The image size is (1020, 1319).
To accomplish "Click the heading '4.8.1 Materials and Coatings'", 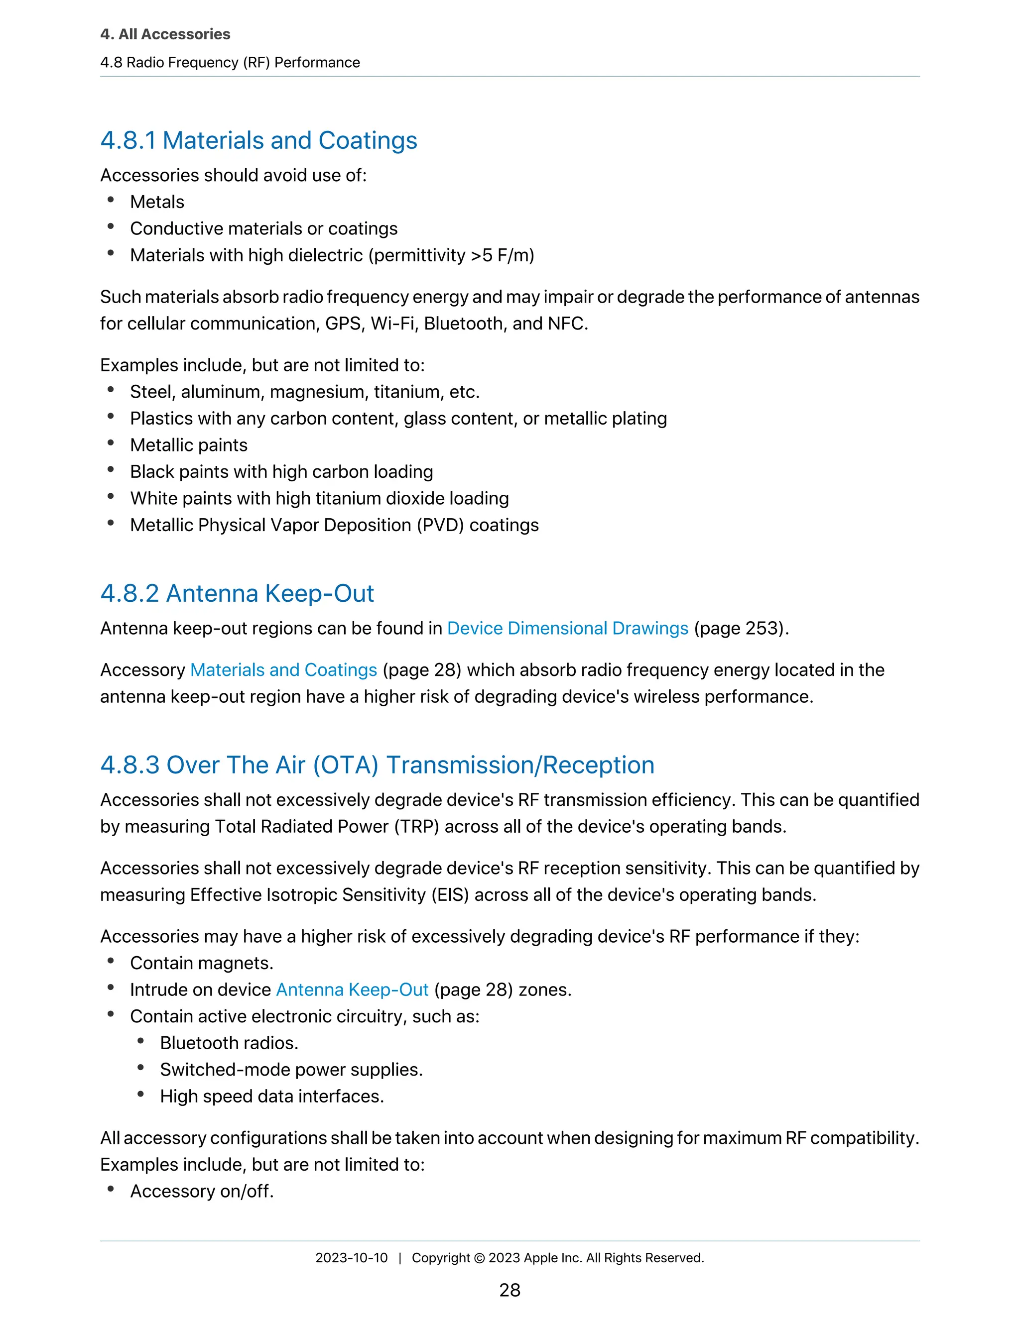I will [258, 140].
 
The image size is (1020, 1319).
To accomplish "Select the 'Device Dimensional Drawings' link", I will [567, 628].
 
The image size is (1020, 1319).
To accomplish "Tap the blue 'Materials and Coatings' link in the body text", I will [283, 670].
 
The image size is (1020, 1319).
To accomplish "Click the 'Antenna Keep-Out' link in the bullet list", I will [352, 989].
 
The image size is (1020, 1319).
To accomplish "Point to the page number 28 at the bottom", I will [510, 1290].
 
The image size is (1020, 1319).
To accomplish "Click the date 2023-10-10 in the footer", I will [351, 1257].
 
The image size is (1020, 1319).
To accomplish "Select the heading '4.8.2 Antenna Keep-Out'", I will [237, 593].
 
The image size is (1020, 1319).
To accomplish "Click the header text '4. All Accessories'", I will [165, 34].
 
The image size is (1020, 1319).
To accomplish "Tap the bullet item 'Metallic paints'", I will [189, 445].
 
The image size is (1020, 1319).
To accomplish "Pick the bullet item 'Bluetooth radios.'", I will [229, 1043].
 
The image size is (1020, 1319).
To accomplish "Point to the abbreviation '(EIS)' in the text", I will [450, 894].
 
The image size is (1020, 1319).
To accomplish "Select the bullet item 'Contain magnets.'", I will [202, 963].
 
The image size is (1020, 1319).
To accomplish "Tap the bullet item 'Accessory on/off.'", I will [202, 1191].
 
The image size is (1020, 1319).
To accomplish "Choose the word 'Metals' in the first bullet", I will [157, 202].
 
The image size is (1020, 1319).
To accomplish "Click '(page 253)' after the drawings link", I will [741, 628].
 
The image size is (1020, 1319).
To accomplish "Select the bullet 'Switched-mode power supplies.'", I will [291, 1070].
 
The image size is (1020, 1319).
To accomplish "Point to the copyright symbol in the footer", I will [479, 1258].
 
